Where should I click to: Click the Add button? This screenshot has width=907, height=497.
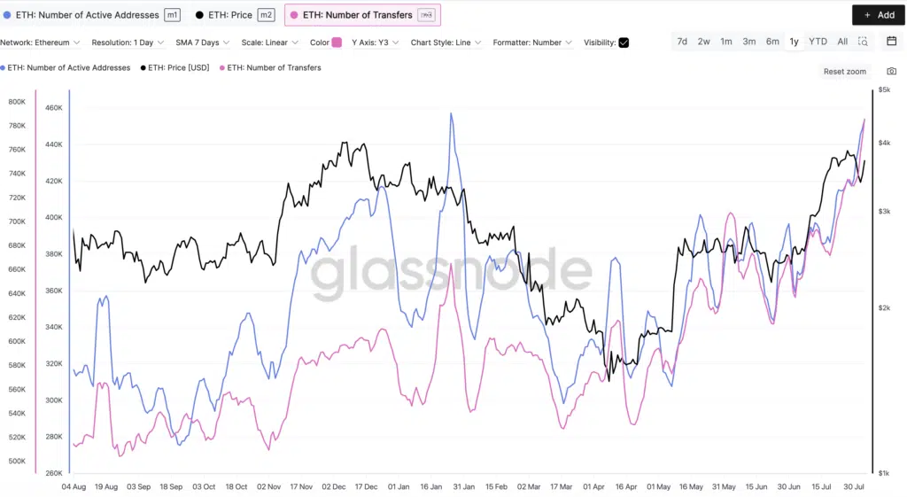pyautogui.click(x=879, y=15)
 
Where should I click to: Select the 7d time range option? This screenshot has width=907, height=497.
pyautogui.click(x=682, y=42)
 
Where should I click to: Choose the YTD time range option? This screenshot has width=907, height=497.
pyautogui.click(x=818, y=42)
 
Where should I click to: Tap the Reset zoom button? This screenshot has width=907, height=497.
pyautogui.click(x=844, y=72)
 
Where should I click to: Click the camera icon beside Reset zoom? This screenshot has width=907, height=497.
pyautogui.click(x=891, y=72)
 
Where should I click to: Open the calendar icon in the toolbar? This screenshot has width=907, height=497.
pyautogui.click(x=891, y=42)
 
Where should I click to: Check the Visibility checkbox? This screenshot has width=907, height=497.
pyautogui.click(x=624, y=43)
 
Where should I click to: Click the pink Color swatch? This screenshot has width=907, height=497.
pyautogui.click(x=337, y=43)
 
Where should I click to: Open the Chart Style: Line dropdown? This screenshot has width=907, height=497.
pyautogui.click(x=446, y=43)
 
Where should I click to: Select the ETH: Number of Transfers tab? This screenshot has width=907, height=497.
pyautogui.click(x=362, y=15)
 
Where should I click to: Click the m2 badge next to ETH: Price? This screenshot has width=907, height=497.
pyautogui.click(x=266, y=15)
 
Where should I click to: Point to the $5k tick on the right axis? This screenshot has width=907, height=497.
pyautogui.click(x=884, y=90)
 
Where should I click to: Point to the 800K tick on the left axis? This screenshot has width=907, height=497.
pyautogui.click(x=17, y=102)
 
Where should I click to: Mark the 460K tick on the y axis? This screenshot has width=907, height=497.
pyautogui.click(x=53, y=108)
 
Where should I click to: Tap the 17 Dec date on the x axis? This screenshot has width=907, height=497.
pyautogui.click(x=366, y=487)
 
